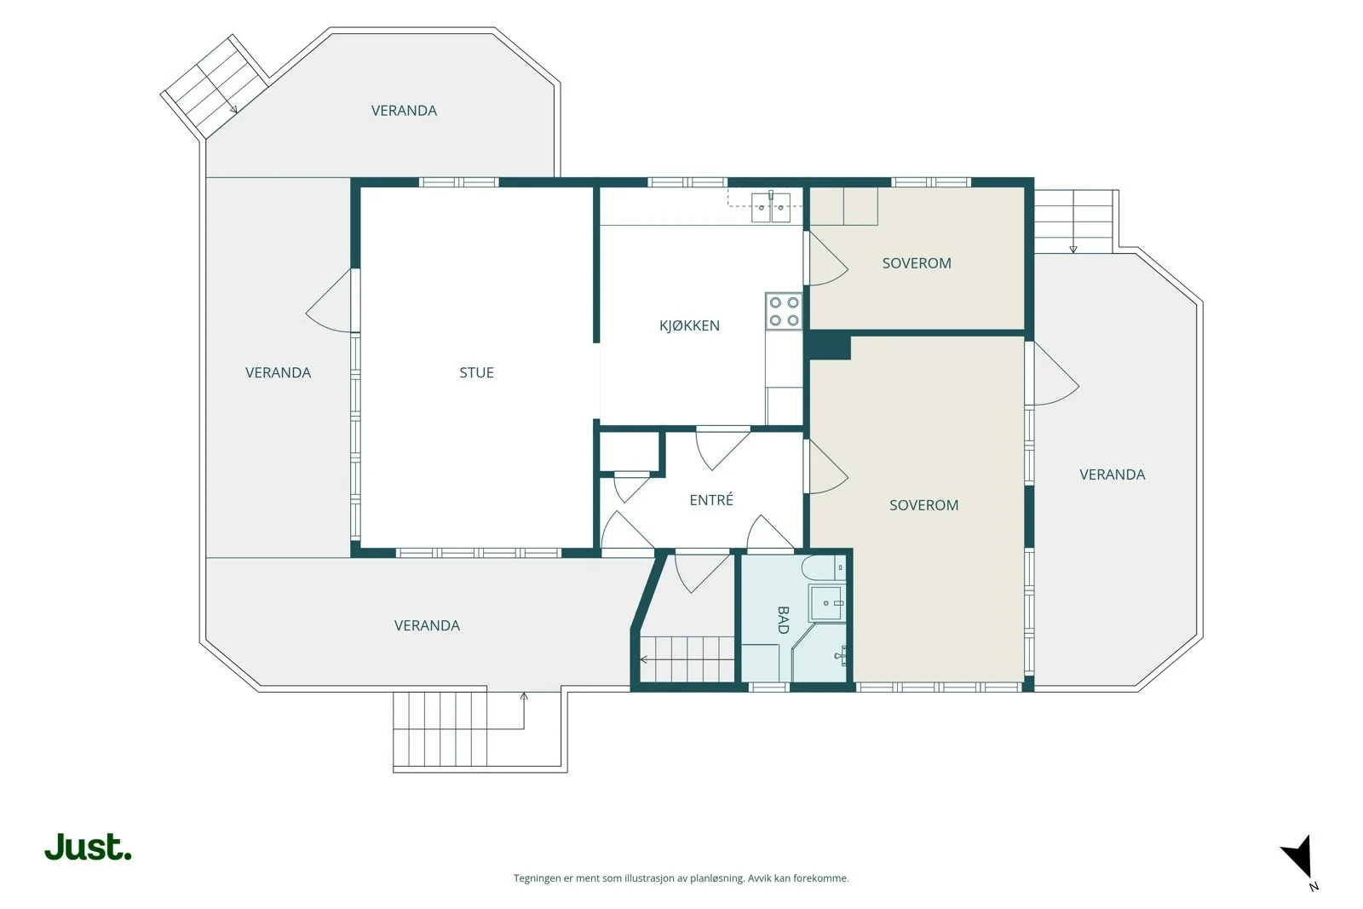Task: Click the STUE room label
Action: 476,372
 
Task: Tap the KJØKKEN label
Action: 689,325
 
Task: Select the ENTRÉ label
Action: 711,499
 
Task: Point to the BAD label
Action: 783,620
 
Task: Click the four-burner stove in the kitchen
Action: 784,311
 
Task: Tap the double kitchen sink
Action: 771,207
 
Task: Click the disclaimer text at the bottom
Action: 681,878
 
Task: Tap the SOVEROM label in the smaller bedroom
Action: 917,263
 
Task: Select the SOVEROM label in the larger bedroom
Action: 923,505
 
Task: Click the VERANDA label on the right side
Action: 1113,475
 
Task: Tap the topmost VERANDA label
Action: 404,111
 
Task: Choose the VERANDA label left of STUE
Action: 278,372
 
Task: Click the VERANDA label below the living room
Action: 427,625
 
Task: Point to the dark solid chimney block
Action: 830,346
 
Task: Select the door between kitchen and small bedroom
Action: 825,259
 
